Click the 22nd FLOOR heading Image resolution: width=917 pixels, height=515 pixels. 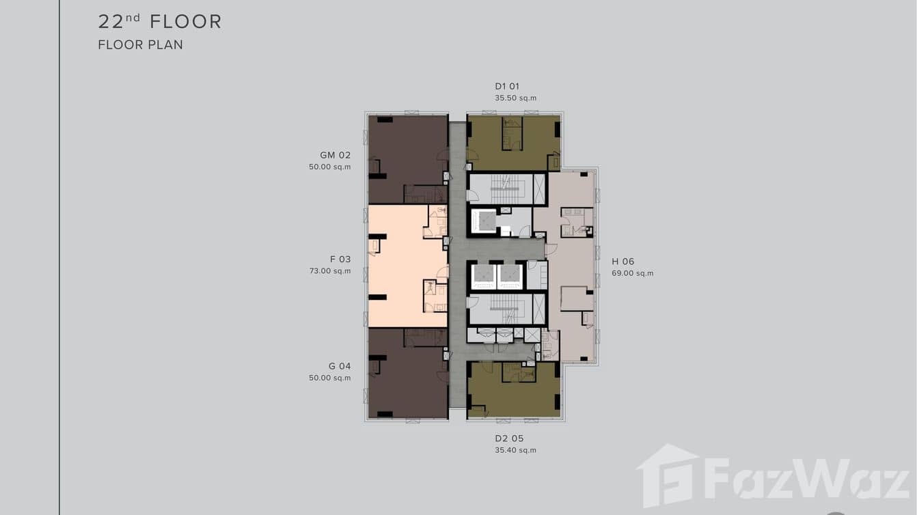pos(160,22)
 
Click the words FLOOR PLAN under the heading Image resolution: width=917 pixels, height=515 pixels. pos(140,44)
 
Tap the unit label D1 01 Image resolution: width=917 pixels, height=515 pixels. pos(507,86)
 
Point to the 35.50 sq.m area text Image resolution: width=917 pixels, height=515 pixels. pos(515,98)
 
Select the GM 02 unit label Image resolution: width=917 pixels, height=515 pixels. pos(336,155)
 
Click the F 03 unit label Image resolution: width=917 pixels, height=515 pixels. pos(340,259)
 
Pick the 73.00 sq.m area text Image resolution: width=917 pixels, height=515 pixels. pos(330,270)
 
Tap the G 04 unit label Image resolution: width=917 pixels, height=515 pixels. pos(340,366)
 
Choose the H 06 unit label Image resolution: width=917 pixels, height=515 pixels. pos(622,262)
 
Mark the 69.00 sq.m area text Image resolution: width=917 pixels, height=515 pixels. pos(633,273)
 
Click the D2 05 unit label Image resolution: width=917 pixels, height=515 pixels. pos(509,439)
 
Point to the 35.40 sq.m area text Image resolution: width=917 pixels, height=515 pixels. pos(515,450)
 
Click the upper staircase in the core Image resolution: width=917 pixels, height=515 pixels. pos(507,189)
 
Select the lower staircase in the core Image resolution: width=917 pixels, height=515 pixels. pos(507,309)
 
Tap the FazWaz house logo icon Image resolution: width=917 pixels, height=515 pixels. pos(668,475)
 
